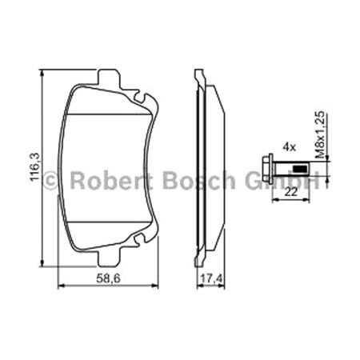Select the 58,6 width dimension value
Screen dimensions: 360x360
pyautogui.click(x=107, y=279)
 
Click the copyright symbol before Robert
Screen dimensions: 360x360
pyautogui.click(x=50, y=181)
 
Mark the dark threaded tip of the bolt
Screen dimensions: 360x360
pyautogui.click(x=300, y=168)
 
